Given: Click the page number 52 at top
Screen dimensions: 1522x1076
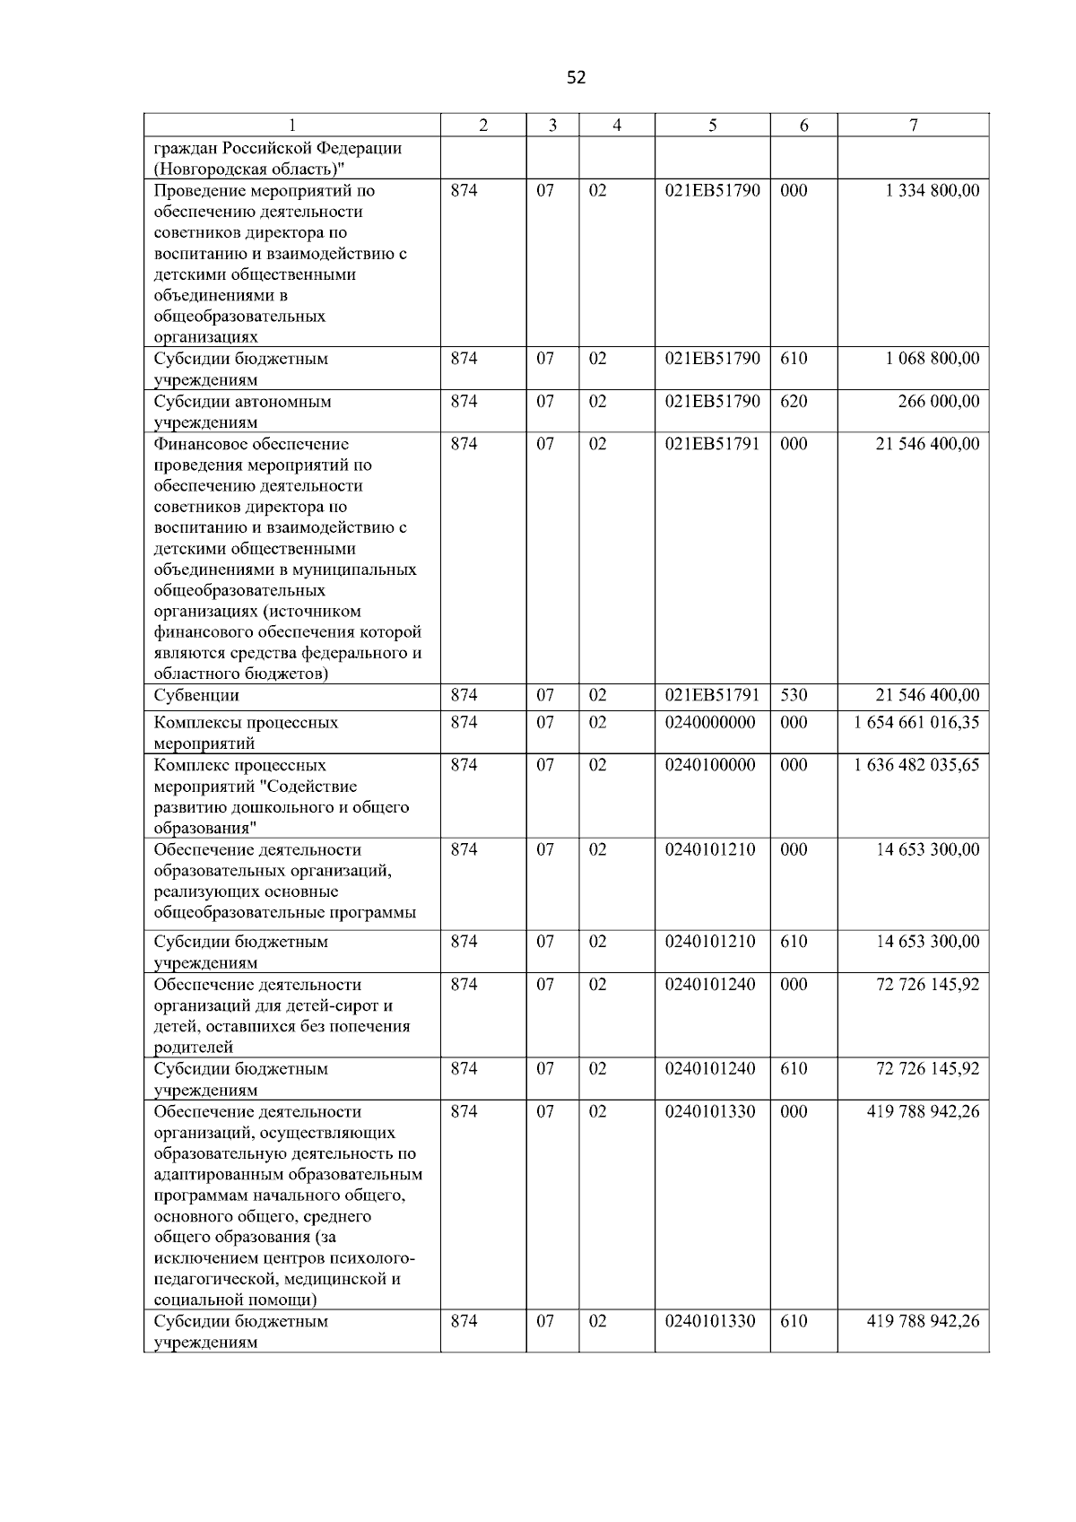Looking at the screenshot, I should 576,78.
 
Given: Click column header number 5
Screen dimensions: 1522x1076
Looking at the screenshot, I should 712,126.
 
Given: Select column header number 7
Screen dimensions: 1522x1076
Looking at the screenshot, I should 913,126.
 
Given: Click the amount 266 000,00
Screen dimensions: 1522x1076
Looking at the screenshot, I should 939,402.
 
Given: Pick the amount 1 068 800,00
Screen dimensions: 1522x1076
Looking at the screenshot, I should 932,359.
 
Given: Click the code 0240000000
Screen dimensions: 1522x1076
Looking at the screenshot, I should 710,723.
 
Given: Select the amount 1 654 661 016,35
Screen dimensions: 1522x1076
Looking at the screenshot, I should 916,723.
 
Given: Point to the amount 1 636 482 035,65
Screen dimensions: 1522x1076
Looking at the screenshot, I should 916,766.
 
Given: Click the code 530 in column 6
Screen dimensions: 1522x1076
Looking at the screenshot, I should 794,696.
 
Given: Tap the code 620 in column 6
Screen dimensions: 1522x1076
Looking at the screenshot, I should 794,402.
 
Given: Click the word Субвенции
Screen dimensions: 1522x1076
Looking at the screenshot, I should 196,696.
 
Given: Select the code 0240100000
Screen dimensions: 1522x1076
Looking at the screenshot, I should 710,766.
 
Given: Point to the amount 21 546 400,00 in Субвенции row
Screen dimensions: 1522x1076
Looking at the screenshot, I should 927,696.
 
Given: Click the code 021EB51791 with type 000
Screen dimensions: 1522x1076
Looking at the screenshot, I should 712,444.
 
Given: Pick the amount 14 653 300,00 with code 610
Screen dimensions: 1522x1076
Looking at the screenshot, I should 927,942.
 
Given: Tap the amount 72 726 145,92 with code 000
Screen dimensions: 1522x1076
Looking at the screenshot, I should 927,985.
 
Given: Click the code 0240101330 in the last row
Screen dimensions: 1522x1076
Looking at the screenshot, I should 710,1322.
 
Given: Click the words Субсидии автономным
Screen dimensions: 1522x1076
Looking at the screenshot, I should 242,402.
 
